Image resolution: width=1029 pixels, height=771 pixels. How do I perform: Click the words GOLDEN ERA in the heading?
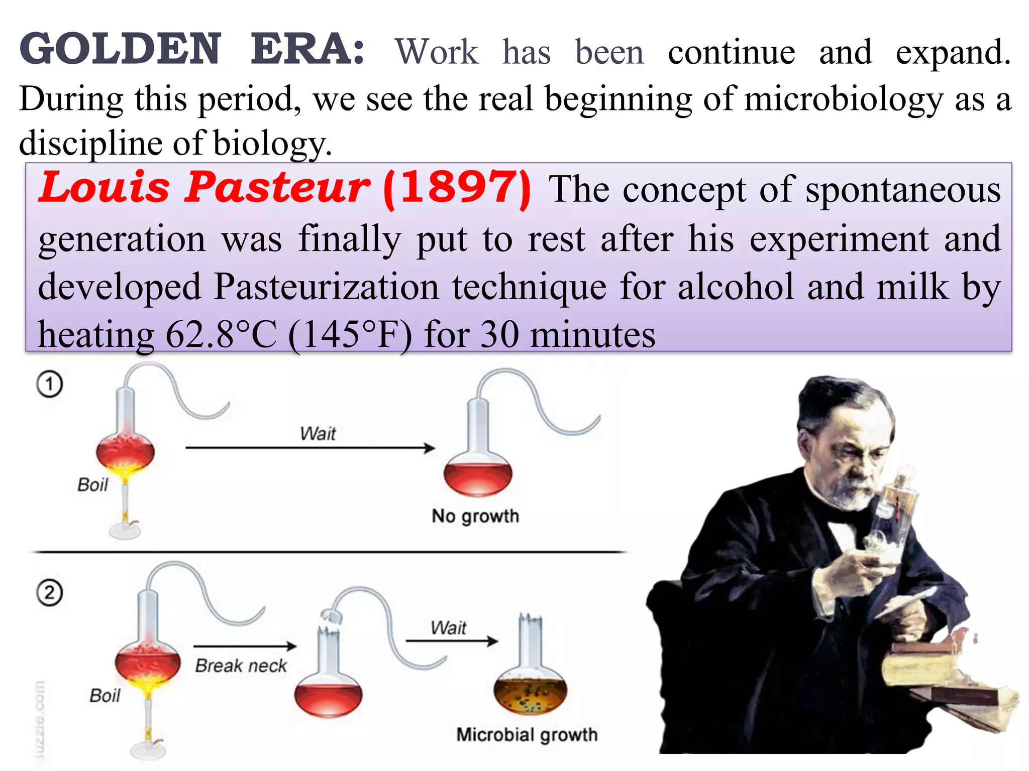point(191,49)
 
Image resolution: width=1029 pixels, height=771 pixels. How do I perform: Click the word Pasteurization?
point(327,287)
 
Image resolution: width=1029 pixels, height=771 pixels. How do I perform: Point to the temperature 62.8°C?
point(221,335)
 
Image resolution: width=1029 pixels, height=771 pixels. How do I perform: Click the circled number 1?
point(49,384)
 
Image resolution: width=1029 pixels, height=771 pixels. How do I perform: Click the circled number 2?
point(49,593)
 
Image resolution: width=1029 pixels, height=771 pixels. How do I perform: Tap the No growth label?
point(475,516)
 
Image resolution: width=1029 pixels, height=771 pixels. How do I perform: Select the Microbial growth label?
point(527,735)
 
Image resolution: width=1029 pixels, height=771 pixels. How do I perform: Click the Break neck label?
point(241,666)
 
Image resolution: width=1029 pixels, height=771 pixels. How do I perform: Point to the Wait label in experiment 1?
point(318,433)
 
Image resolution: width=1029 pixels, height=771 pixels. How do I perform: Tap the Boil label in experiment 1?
point(92,485)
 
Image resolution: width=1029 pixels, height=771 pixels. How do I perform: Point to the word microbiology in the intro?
point(844,99)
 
